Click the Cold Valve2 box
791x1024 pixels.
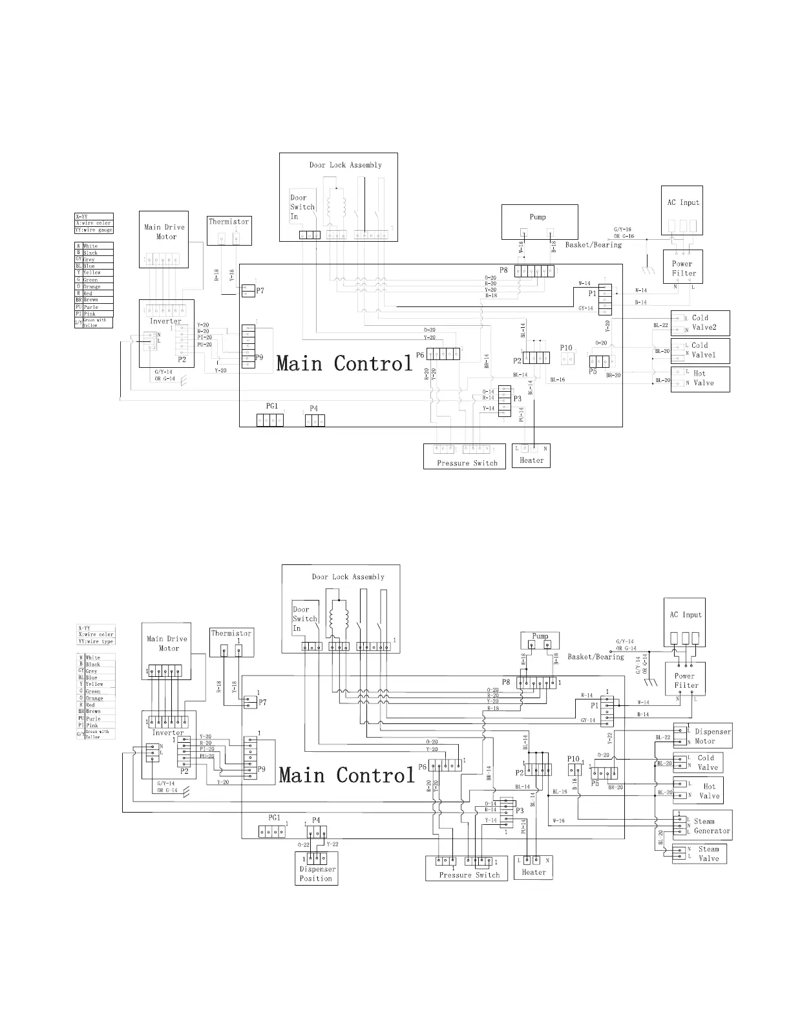tap(701, 322)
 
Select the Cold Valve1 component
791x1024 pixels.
tap(701, 350)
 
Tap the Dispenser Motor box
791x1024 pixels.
tap(703, 736)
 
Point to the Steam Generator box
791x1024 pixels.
tap(703, 826)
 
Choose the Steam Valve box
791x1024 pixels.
tap(699, 853)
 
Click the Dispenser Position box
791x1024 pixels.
tap(315, 868)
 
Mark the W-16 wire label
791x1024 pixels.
tap(558, 821)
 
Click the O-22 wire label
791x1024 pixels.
tap(304, 844)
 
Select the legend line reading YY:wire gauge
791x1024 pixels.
tap(94, 230)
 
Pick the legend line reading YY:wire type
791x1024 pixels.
tap(96, 641)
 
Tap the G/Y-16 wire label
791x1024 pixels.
tap(623, 229)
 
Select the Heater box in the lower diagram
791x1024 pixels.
tap(534, 867)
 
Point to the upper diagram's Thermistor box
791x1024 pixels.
tap(229, 231)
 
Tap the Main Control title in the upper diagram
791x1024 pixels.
tap(344, 363)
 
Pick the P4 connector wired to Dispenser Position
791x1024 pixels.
tap(315, 831)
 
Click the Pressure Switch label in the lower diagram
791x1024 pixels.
tap(469, 875)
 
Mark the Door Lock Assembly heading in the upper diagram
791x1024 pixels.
tap(345, 165)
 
